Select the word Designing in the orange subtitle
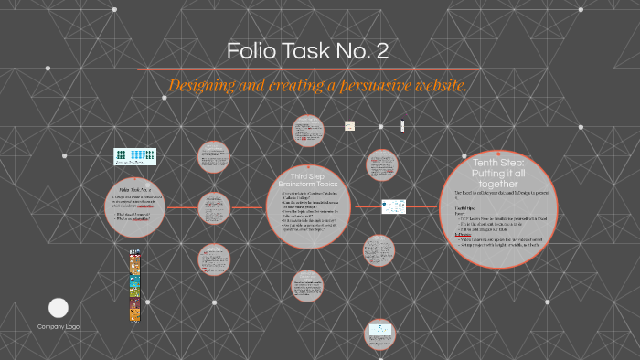click(x=204, y=86)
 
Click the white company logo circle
click(x=58, y=308)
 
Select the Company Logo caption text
click(x=58, y=326)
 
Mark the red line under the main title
click(x=309, y=69)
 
